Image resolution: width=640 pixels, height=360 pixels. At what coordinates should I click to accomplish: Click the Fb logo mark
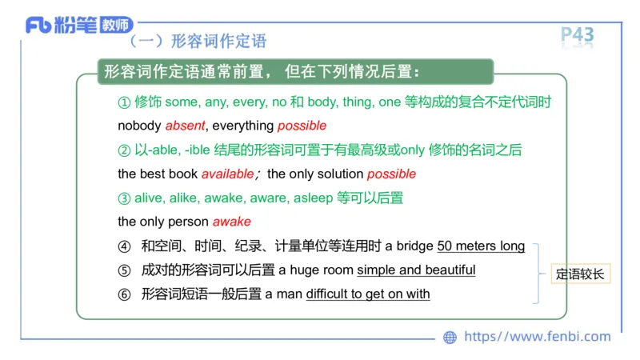(x=38, y=25)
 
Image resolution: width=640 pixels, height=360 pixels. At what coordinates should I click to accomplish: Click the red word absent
(x=185, y=126)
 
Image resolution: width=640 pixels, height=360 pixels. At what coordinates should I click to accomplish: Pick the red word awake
(x=231, y=222)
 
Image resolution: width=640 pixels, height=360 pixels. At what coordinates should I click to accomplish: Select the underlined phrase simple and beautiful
(x=416, y=270)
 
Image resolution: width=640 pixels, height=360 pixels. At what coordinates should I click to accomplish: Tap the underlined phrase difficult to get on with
(x=368, y=294)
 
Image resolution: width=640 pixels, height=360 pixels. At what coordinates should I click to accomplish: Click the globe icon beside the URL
(x=450, y=337)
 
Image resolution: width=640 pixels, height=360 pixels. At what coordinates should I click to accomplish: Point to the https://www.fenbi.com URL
(x=537, y=337)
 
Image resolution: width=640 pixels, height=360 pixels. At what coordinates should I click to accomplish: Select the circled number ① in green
(x=123, y=102)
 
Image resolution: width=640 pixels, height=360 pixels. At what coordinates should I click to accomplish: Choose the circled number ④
(x=123, y=246)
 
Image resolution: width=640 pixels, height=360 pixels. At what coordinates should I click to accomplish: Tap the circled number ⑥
(x=123, y=294)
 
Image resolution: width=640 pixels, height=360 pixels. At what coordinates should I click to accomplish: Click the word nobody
(x=139, y=126)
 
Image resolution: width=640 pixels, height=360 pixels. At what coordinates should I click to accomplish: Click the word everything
(x=243, y=126)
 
